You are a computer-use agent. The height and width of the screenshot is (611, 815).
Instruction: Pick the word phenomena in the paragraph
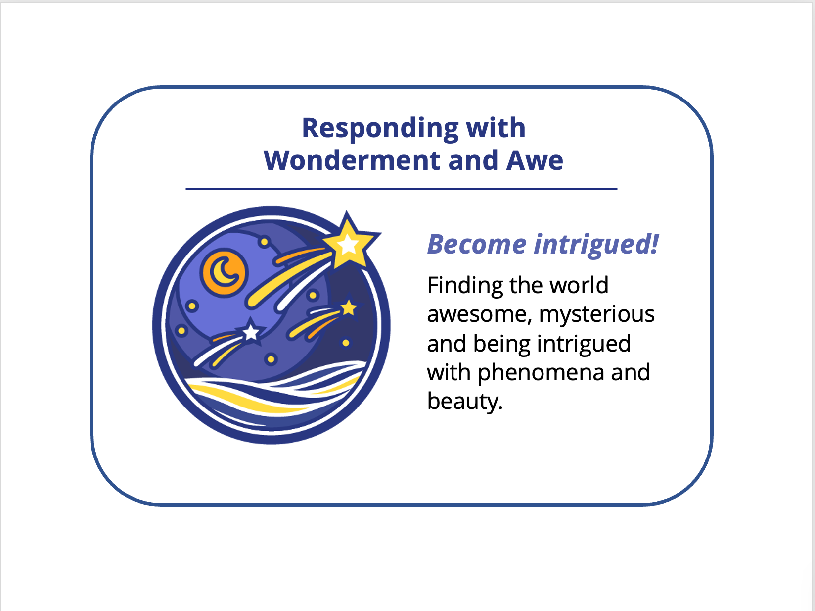point(541,372)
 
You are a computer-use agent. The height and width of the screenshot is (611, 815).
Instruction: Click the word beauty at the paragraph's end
point(463,401)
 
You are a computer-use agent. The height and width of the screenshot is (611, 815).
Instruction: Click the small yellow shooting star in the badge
point(349,308)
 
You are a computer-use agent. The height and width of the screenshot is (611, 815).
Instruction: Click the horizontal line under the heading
point(401,189)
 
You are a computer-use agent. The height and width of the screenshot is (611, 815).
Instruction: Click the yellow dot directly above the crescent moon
point(264,242)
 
